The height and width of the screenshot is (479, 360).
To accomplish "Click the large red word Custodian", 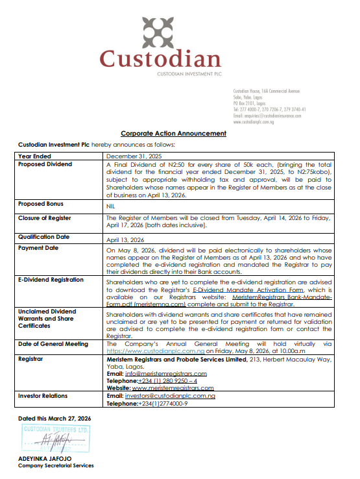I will click(x=160, y=60).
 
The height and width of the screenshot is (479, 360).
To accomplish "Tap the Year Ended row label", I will click(x=35, y=156).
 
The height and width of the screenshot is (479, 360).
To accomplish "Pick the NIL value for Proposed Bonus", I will click(x=111, y=204).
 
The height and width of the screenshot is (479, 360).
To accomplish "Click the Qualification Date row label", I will click(x=45, y=238).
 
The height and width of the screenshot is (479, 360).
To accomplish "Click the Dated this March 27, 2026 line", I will click(x=54, y=419).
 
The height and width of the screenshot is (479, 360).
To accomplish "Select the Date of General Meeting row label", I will click(x=53, y=343).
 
